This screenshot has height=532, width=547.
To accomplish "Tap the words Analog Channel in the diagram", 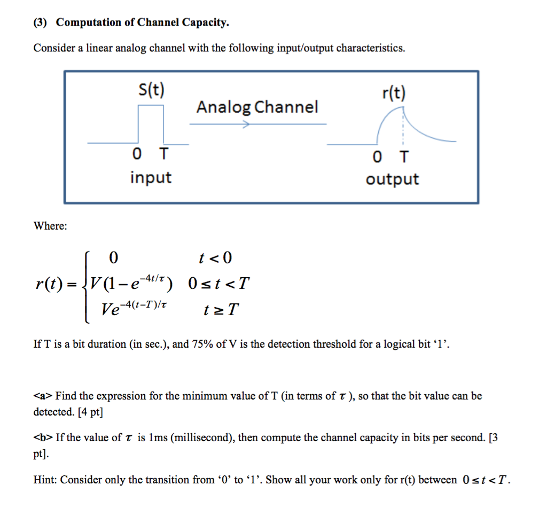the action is pyautogui.click(x=257, y=107).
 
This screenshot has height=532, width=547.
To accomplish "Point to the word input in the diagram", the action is pyautogui.click(x=151, y=177).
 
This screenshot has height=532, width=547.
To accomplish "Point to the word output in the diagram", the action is pyautogui.click(x=392, y=179).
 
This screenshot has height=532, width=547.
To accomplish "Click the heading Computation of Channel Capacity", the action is pyautogui.click(x=143, y=22).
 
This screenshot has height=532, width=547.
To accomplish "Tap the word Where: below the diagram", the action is pyautogui.click(x=51, y=226).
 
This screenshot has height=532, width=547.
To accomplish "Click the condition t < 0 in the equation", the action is pyautogui.click(x=215, y=259).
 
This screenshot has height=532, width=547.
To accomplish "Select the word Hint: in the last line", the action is pyautogui.click(x=45, y=480).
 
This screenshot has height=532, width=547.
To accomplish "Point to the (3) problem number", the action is pyautogui.click(x=41, y=22).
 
